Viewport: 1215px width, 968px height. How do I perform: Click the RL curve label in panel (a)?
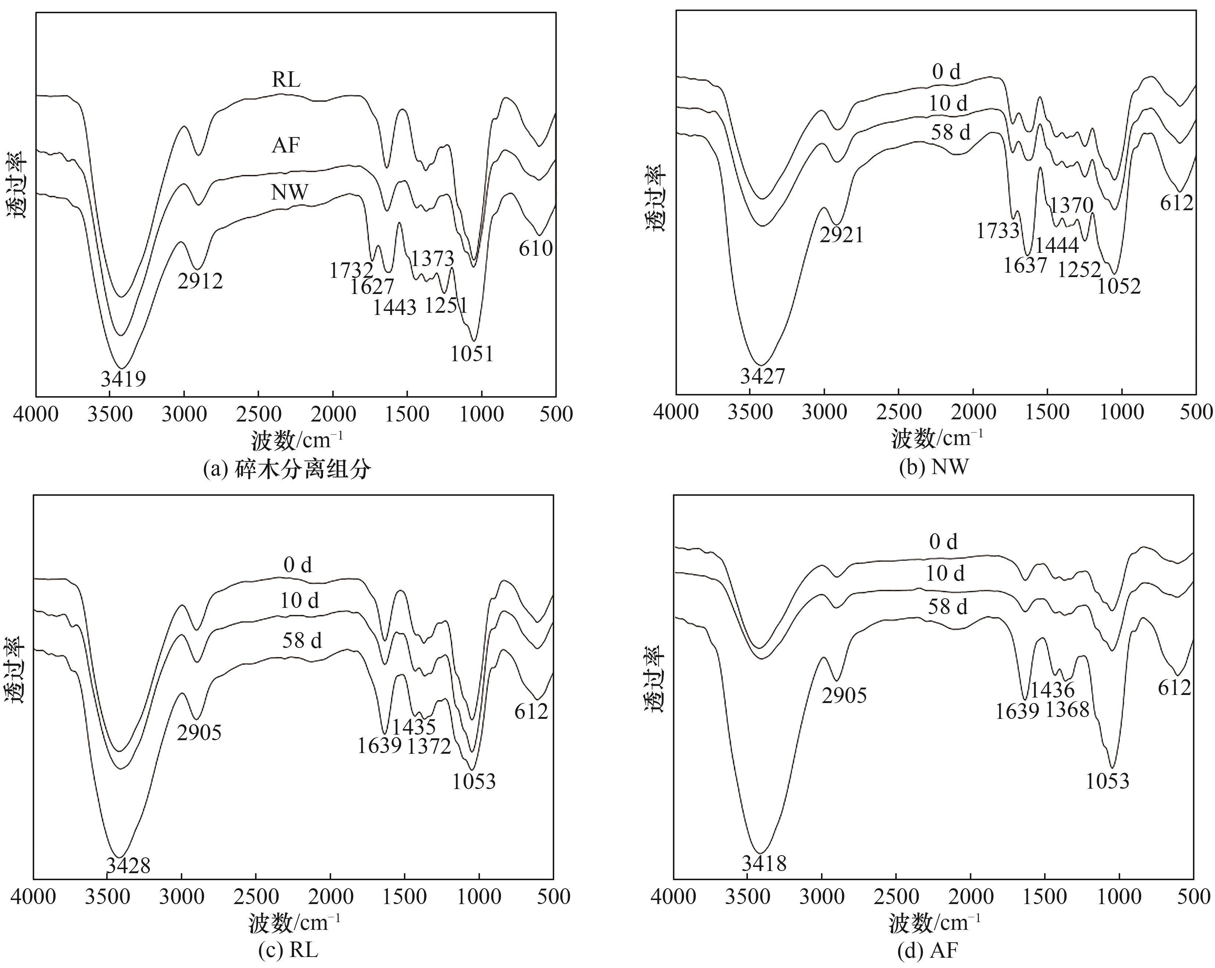pyautogui.click(x=286, y=80)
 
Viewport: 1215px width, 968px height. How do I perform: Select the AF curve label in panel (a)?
pyautogui.click(x=286, y=146)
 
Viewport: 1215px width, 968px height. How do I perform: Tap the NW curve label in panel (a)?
pyautogui.click(x=290, y=193)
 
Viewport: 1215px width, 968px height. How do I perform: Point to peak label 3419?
pyautogui.click(x=123, y=379)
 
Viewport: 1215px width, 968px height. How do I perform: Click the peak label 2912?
pyautogui.click(x=200, y=281)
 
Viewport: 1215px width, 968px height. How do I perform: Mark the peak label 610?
pyautogui.click(x=535, y=248)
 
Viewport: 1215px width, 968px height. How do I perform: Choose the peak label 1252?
pyautogui.click(x=1079, y=270)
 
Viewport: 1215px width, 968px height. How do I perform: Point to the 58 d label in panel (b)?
pyautogui.click(x=951, y=132)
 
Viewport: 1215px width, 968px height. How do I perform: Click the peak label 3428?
pyautogui.click(x=128, y=865)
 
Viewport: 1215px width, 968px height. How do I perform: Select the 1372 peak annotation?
pyautogui.click(x=429, y=746)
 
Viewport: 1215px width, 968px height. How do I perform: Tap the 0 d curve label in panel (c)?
pyautogui.click(x=298, y=564)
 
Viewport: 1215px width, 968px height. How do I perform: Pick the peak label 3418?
pyautogui.click(x=764, y=863)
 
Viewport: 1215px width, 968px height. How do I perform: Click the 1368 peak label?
pyautogui.click(x=1067, y=709)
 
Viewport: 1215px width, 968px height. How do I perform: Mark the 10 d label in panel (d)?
pyautogui.click(x=945, y=574)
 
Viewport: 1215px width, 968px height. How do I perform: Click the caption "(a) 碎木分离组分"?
pyautogui.click(x=287, y=469)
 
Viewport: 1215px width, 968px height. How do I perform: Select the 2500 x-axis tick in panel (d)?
pyautogui.click(x=896, y=896)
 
